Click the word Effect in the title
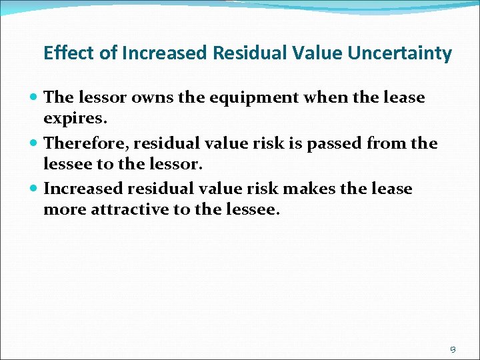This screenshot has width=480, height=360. pyautogui.click(x=63, y=53)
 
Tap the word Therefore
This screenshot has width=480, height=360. pyautogui.click(x=85, y=143)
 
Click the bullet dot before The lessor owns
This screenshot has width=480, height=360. pyautogui.click(x=35, y=98)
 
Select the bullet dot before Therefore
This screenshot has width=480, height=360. pyautogui.click(x=35, y=143)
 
